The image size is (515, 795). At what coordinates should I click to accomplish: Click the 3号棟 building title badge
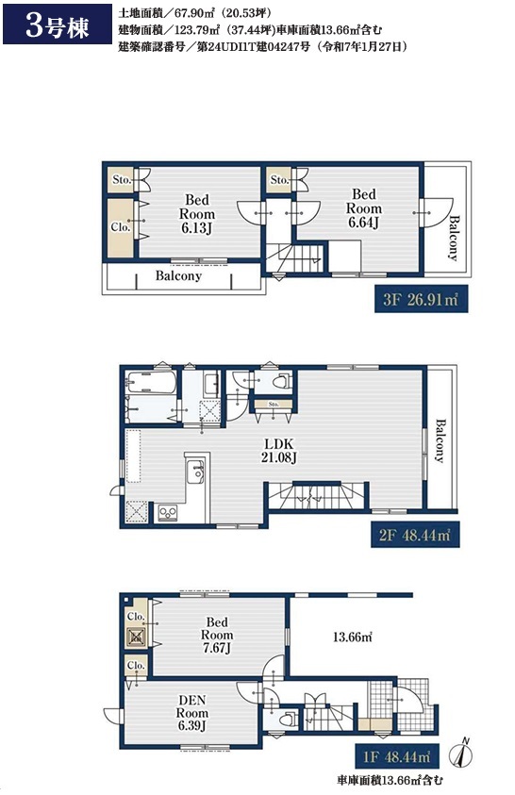(58, 24)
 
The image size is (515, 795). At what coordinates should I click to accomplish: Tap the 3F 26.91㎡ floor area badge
(421, 299)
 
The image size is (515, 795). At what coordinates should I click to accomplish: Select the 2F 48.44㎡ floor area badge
(415, 535)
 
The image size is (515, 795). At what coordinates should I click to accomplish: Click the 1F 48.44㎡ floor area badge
(396, 757)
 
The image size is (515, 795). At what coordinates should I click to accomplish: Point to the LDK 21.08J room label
(278, 451)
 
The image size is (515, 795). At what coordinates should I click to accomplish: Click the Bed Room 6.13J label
(197, 213)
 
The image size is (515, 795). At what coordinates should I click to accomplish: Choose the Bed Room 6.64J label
(363, 207)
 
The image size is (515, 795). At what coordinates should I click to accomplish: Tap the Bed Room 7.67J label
(217, 635)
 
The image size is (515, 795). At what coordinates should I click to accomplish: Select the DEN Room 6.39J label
(192, 713)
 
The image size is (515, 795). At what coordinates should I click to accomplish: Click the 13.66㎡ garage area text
(352, 637)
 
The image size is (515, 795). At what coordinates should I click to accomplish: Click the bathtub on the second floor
(152, 382)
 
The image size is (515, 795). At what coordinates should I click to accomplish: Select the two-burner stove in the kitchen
(168, 512)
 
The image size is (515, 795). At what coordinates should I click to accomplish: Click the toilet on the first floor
(287, 719)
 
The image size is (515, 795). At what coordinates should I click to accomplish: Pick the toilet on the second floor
(281, 380)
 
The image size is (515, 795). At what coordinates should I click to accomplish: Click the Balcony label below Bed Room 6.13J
(178, 275)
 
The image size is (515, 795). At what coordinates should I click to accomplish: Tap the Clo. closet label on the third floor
(121, 227)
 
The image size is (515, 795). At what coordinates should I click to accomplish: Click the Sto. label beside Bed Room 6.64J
(279, 180)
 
